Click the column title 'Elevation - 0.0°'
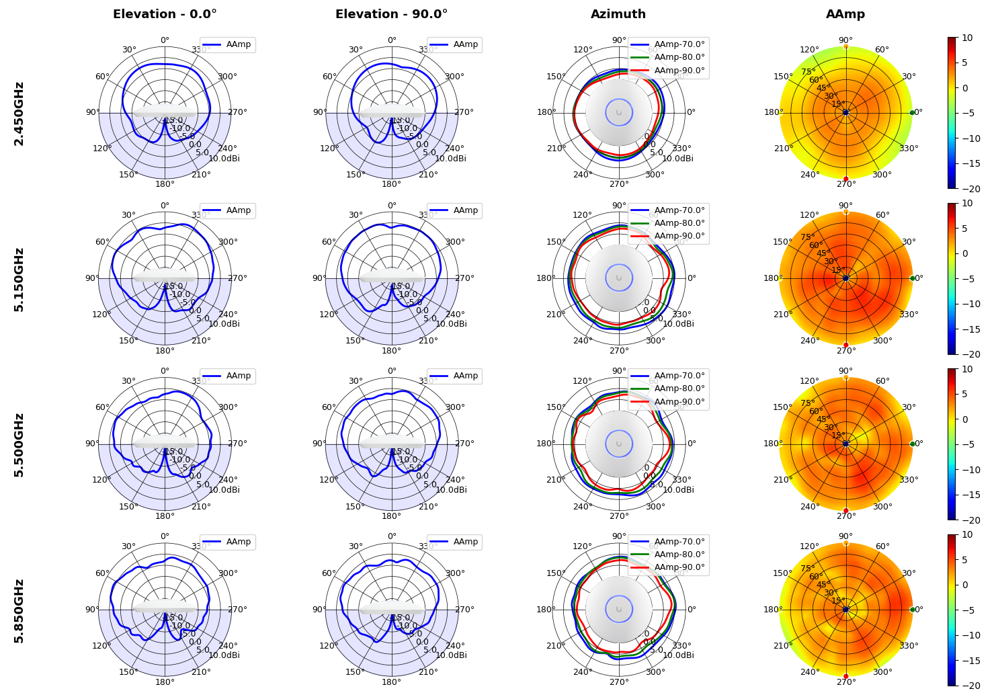click(x=165, y=14)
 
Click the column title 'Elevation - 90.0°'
click(x=391, y=14)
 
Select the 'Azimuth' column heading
click(x=618, y=14)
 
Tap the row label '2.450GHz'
click(x=19, y=113)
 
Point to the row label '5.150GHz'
click(x=19, y=279)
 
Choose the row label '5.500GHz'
click(x=19, y=444)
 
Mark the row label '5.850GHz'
click(x=19, y=610)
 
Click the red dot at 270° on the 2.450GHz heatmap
click(x=845, y=179)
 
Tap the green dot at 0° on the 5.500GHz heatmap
click(x=912, y=444)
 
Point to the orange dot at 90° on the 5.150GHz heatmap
click(x=845, y=212)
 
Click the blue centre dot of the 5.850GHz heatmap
click(x=845, y=610)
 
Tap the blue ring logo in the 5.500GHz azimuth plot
click(x=619, y=444)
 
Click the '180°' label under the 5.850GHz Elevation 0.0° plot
click(x=165, y=682)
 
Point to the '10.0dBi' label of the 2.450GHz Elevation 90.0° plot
click(x=450, y=159)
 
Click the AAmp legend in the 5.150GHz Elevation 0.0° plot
click(x=228, y=210)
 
